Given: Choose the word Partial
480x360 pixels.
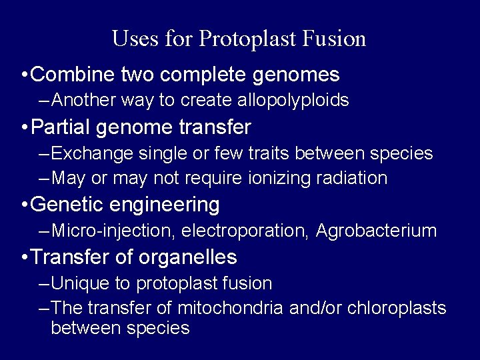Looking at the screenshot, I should (63, 126).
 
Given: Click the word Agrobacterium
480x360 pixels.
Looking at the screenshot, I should (376, 231).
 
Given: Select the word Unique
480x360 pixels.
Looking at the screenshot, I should (80, 283).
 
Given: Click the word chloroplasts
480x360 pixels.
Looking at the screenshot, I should (403, 308).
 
